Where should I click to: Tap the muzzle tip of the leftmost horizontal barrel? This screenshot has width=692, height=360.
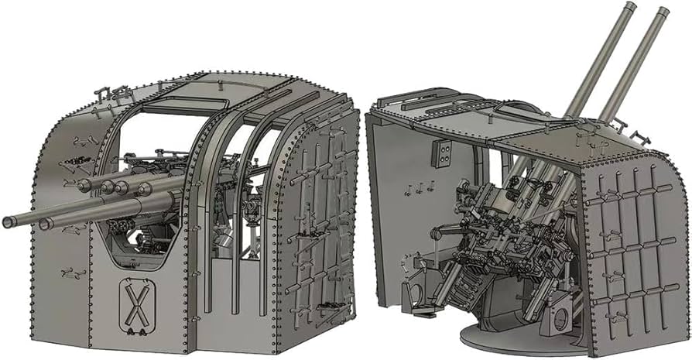(8, 222)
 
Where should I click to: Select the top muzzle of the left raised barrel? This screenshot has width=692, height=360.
(630, 7)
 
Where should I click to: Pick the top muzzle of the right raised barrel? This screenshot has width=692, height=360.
(663, 12)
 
